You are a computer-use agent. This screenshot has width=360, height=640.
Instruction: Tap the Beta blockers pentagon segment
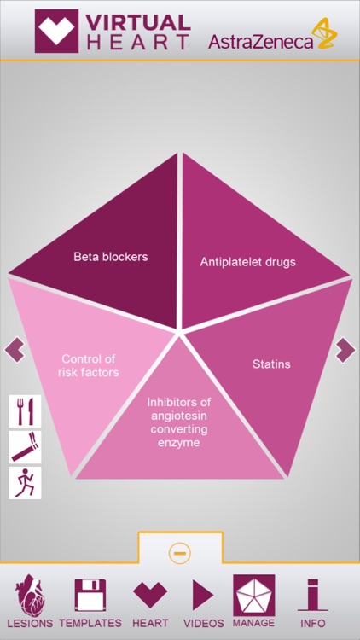point(111,256)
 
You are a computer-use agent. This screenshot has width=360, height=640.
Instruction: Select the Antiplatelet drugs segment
point(247,261)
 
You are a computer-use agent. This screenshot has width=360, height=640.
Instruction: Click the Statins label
point(271,364)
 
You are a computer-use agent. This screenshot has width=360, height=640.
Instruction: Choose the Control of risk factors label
point(88,365)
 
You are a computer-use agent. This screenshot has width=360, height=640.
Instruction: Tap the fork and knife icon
point(25,410)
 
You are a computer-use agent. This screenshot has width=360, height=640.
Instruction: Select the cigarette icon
point(25,446)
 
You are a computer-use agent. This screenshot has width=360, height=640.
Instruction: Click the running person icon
point(25,482)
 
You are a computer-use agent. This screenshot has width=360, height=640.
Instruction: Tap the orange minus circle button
point(180,553)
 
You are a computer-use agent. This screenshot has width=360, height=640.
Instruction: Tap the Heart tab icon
point(150,595)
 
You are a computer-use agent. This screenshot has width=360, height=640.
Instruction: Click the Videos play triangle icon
point(203,595)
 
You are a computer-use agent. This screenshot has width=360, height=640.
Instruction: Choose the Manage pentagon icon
point(254,595)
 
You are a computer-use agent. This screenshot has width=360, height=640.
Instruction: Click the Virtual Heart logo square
point(57,31)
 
